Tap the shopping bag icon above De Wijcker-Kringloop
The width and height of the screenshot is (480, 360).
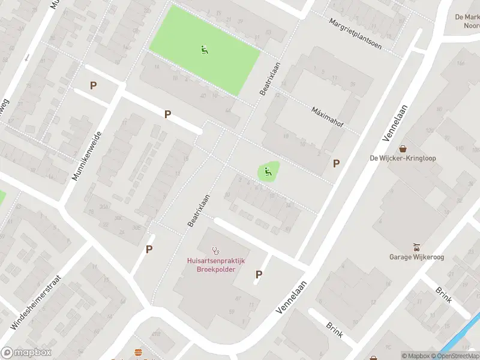(403, 148)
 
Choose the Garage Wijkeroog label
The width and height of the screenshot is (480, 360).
(416, 257)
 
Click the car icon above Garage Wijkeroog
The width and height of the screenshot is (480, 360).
(416, 247)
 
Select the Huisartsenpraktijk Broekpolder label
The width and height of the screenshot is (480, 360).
(216, 265)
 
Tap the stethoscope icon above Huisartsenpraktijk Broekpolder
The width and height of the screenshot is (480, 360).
(216, 250)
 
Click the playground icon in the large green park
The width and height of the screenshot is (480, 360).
(205, 50)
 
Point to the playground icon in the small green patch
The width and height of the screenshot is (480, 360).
(268, 172)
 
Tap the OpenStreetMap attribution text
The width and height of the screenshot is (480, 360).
(457, 356)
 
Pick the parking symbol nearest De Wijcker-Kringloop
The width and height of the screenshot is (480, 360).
(337, 163)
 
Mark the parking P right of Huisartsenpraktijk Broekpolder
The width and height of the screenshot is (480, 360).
(259, 274)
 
